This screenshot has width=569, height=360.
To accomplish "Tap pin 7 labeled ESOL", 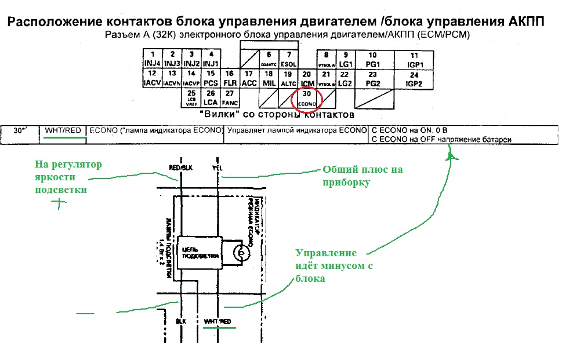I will coord(287,59).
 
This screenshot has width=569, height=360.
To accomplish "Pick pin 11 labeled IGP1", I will coord(414,59).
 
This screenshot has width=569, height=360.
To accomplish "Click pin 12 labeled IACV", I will coord(151,78).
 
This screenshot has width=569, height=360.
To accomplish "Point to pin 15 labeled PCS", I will coord(211,78).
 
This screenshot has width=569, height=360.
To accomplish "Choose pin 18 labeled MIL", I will coord(268,78).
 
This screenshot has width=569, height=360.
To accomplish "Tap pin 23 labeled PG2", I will coord(373,78).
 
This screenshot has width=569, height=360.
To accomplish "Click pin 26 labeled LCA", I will coord(211,98).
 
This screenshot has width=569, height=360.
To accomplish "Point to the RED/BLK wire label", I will coord(180,168).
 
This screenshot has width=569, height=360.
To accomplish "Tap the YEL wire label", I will coord(218,168).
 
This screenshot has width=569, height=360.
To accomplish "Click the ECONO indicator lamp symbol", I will coord(238,253).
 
